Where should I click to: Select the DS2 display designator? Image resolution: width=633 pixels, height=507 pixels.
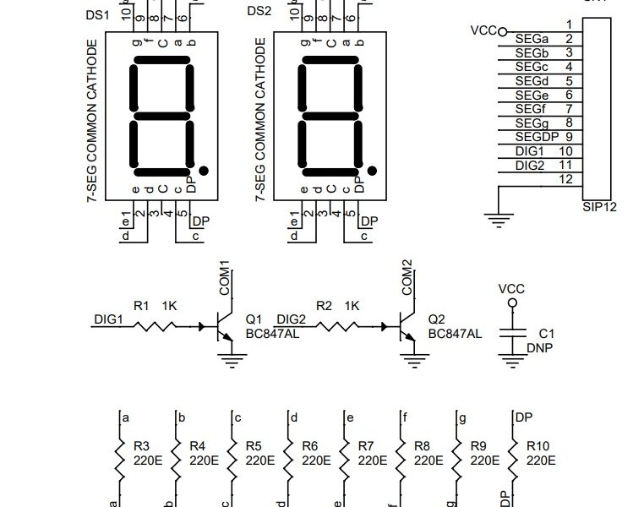tap(258, 11)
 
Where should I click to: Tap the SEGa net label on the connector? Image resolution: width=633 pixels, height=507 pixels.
tap(532, 38)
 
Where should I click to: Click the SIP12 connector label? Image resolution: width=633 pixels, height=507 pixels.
tap(599, 206)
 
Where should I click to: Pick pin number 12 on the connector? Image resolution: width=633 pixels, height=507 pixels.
tap(567, 179)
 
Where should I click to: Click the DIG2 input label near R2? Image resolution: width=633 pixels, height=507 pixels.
tap(291, 319)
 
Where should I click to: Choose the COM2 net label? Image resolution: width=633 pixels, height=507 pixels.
tap(408, 278)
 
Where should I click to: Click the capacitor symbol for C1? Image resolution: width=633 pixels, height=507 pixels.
tap(510, 334)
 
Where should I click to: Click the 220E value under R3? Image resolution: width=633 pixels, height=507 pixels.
tap(149, 461)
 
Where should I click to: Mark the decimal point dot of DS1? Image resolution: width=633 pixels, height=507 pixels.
tap(204, 172)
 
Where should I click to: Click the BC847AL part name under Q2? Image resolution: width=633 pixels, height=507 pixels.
tap(455, 334)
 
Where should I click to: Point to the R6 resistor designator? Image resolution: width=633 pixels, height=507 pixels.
tap(309, 445)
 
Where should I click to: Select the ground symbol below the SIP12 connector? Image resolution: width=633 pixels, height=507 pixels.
tap(500, 221)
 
